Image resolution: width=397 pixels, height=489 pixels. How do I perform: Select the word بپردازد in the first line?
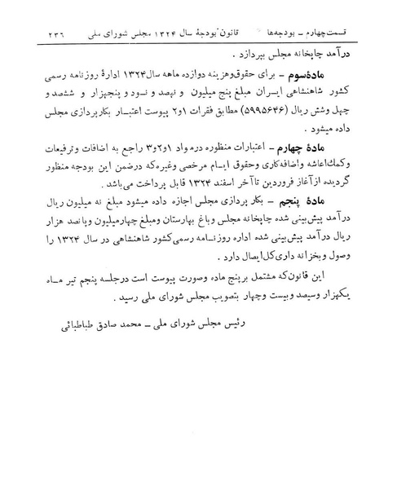(x=237, y=59)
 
